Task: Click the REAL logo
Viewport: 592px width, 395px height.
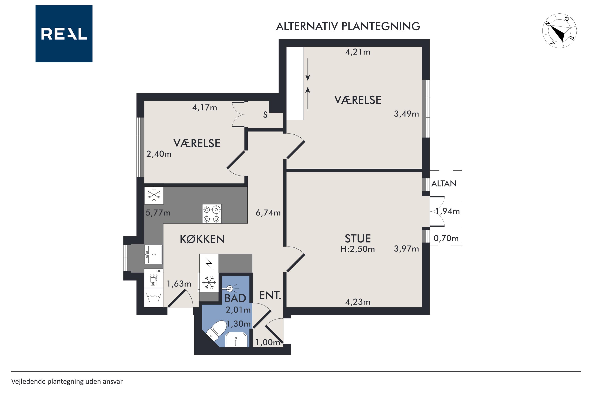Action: coord(64,34)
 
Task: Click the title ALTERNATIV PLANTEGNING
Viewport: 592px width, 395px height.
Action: coord(348,26)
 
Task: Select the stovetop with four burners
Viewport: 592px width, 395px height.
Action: coord(212,214)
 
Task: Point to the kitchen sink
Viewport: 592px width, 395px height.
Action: coord(154,254)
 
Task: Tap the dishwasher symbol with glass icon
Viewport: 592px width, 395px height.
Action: coord(154,278)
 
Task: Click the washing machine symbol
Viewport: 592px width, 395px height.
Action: coord(154,297)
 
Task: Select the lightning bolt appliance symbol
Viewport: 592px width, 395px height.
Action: coord(209,263)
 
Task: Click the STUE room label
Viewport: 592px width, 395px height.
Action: coord(358,239)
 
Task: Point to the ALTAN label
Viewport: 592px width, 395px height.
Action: coord(444,183)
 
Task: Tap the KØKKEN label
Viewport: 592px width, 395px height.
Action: coord(202,239)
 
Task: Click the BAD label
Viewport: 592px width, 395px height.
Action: coord(235,298)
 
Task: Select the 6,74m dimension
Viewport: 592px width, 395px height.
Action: coord(268,213)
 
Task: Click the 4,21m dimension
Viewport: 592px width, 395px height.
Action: coord(358,52)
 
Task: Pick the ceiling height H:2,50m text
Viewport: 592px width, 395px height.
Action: coord(358,249)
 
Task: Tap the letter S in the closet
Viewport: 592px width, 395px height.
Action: coord(265,115)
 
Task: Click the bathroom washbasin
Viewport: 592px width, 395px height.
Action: coord(236,339)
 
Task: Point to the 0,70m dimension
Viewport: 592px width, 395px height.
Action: coord(446,238)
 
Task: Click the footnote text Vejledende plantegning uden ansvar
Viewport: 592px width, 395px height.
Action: coord(67,381)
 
